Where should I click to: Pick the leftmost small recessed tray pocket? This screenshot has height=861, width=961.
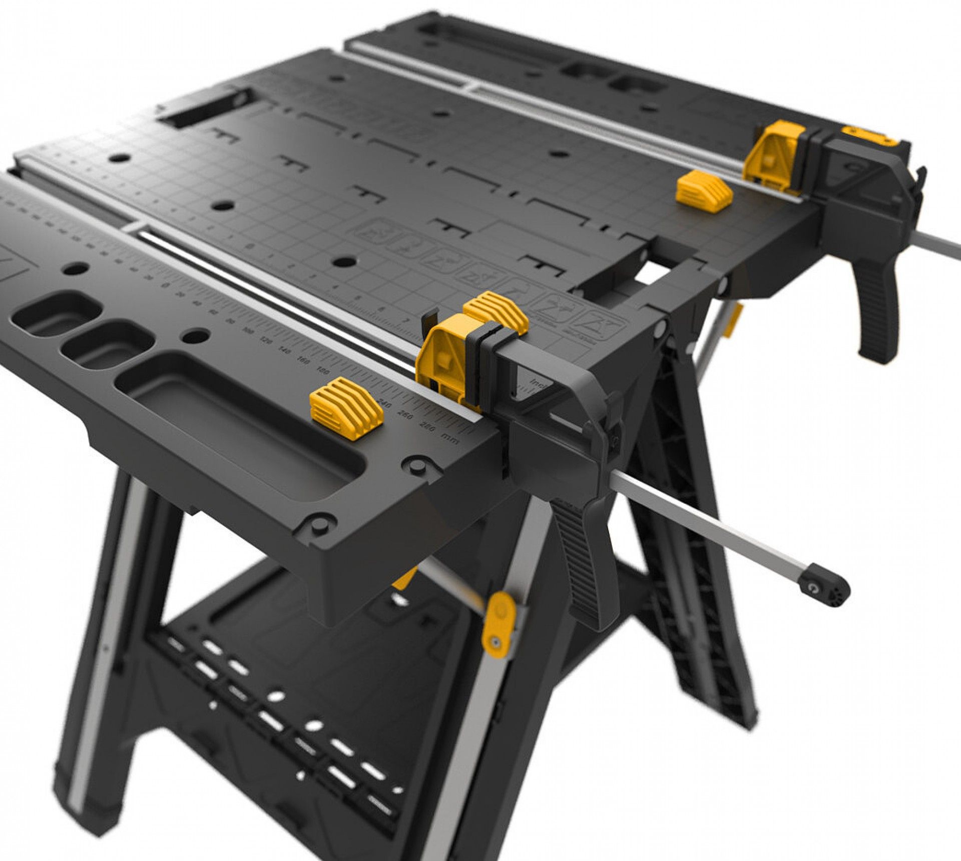(55, 315)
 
